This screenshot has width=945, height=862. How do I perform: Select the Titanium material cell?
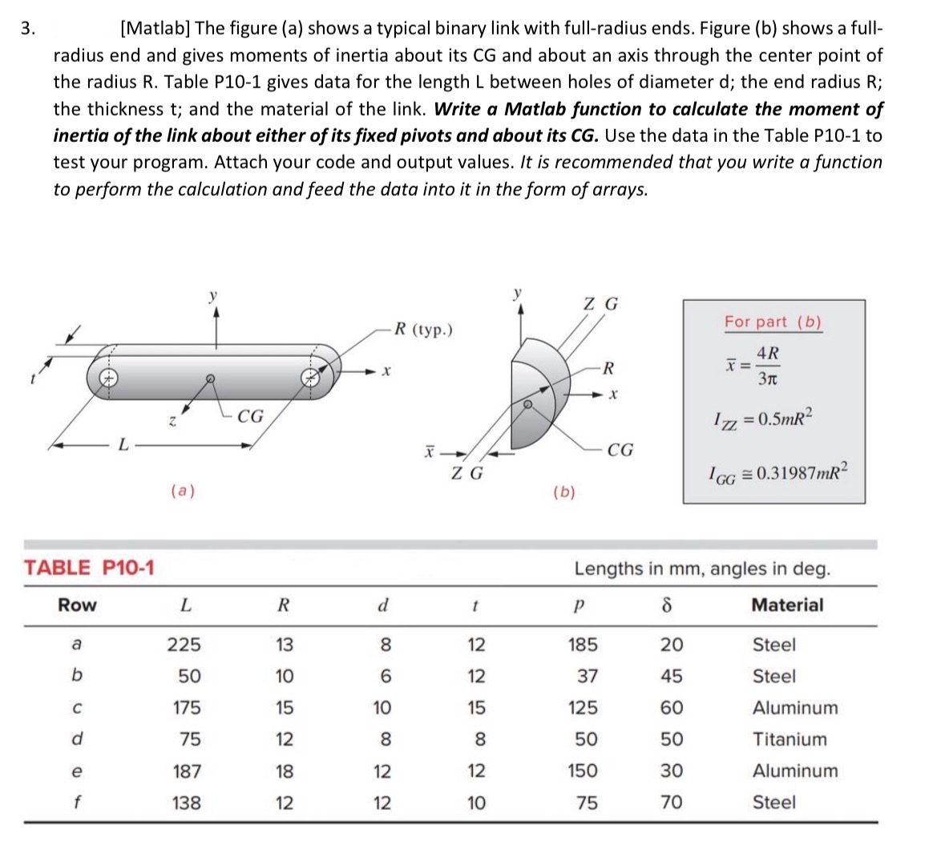coord(789,739)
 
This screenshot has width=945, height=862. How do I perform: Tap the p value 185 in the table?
coord(582,645)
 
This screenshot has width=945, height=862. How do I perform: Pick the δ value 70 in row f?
coord(671,803)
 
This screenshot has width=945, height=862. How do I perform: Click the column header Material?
coord(786,605)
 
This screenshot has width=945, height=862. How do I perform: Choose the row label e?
coord(76,771)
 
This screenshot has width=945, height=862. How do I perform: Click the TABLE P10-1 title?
coord(89,569)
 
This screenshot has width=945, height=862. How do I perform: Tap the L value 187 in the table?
coord(187,771)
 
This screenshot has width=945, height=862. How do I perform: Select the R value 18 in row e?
coord(284,771)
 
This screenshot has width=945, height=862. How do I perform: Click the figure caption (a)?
coord(184,491)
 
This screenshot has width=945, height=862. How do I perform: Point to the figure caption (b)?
coord(564,492)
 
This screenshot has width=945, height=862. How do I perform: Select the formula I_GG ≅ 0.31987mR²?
coord(776,472)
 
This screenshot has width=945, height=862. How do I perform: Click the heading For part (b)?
coord(773,322)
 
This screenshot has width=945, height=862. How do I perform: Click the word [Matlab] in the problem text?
coord(154,29)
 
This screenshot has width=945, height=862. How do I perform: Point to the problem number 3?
coord(28,29)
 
